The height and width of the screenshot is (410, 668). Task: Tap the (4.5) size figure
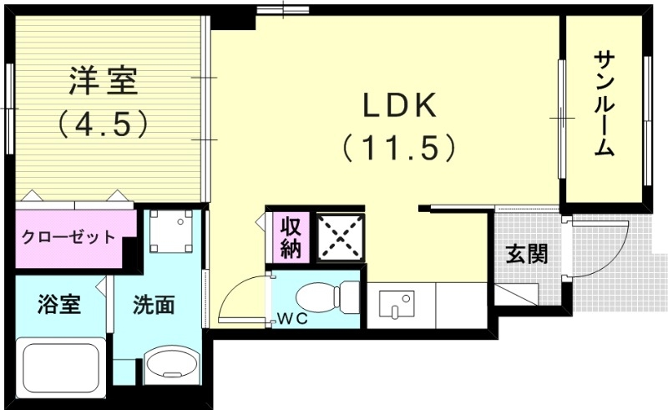click(103, 124)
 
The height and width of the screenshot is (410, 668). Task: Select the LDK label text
click(399, 106)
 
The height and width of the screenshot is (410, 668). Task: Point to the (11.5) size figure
click(399, 148)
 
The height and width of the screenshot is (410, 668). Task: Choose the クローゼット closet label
click(68, 237)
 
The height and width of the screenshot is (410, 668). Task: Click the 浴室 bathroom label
click(58, 305)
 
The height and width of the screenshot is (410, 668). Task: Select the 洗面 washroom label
click(154, 305)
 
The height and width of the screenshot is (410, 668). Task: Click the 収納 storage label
click(290, 237)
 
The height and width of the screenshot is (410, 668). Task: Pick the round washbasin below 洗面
click(172, 366)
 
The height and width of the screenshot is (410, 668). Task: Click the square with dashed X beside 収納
click(340, 236)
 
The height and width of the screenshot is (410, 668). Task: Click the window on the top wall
click(282, 9)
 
